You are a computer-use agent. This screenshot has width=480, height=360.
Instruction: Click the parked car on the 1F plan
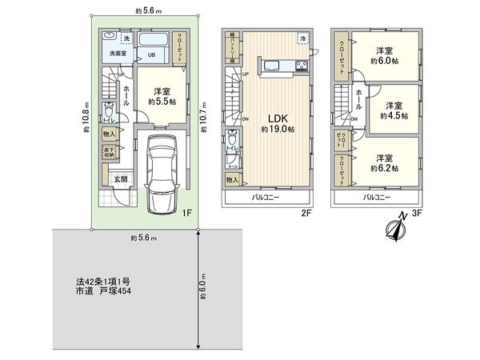point(163,174)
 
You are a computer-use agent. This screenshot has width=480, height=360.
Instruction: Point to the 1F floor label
point(186,212)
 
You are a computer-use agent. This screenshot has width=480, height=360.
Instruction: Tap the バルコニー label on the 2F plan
point(266,196)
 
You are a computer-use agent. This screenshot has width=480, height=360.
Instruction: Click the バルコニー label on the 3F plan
point(376,196)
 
